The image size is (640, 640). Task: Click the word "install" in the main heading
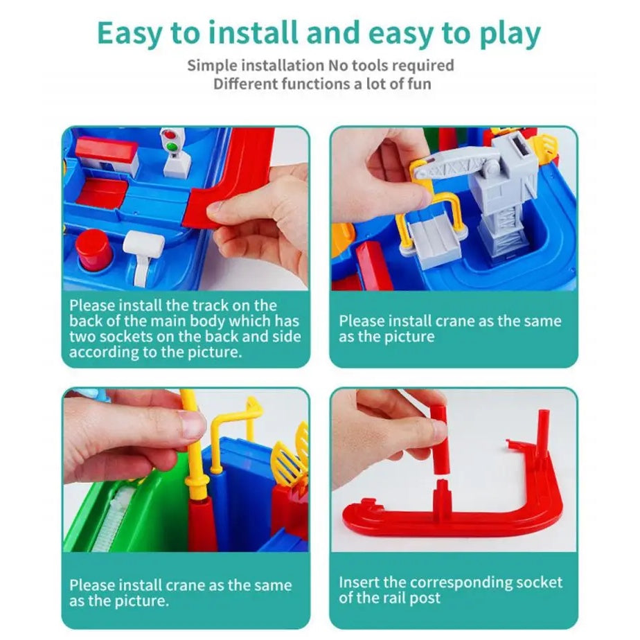[254, 33]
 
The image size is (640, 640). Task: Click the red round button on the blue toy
[94, 248]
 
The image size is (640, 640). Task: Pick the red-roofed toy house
[107, 157]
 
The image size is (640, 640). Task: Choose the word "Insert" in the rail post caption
[359, 583]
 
